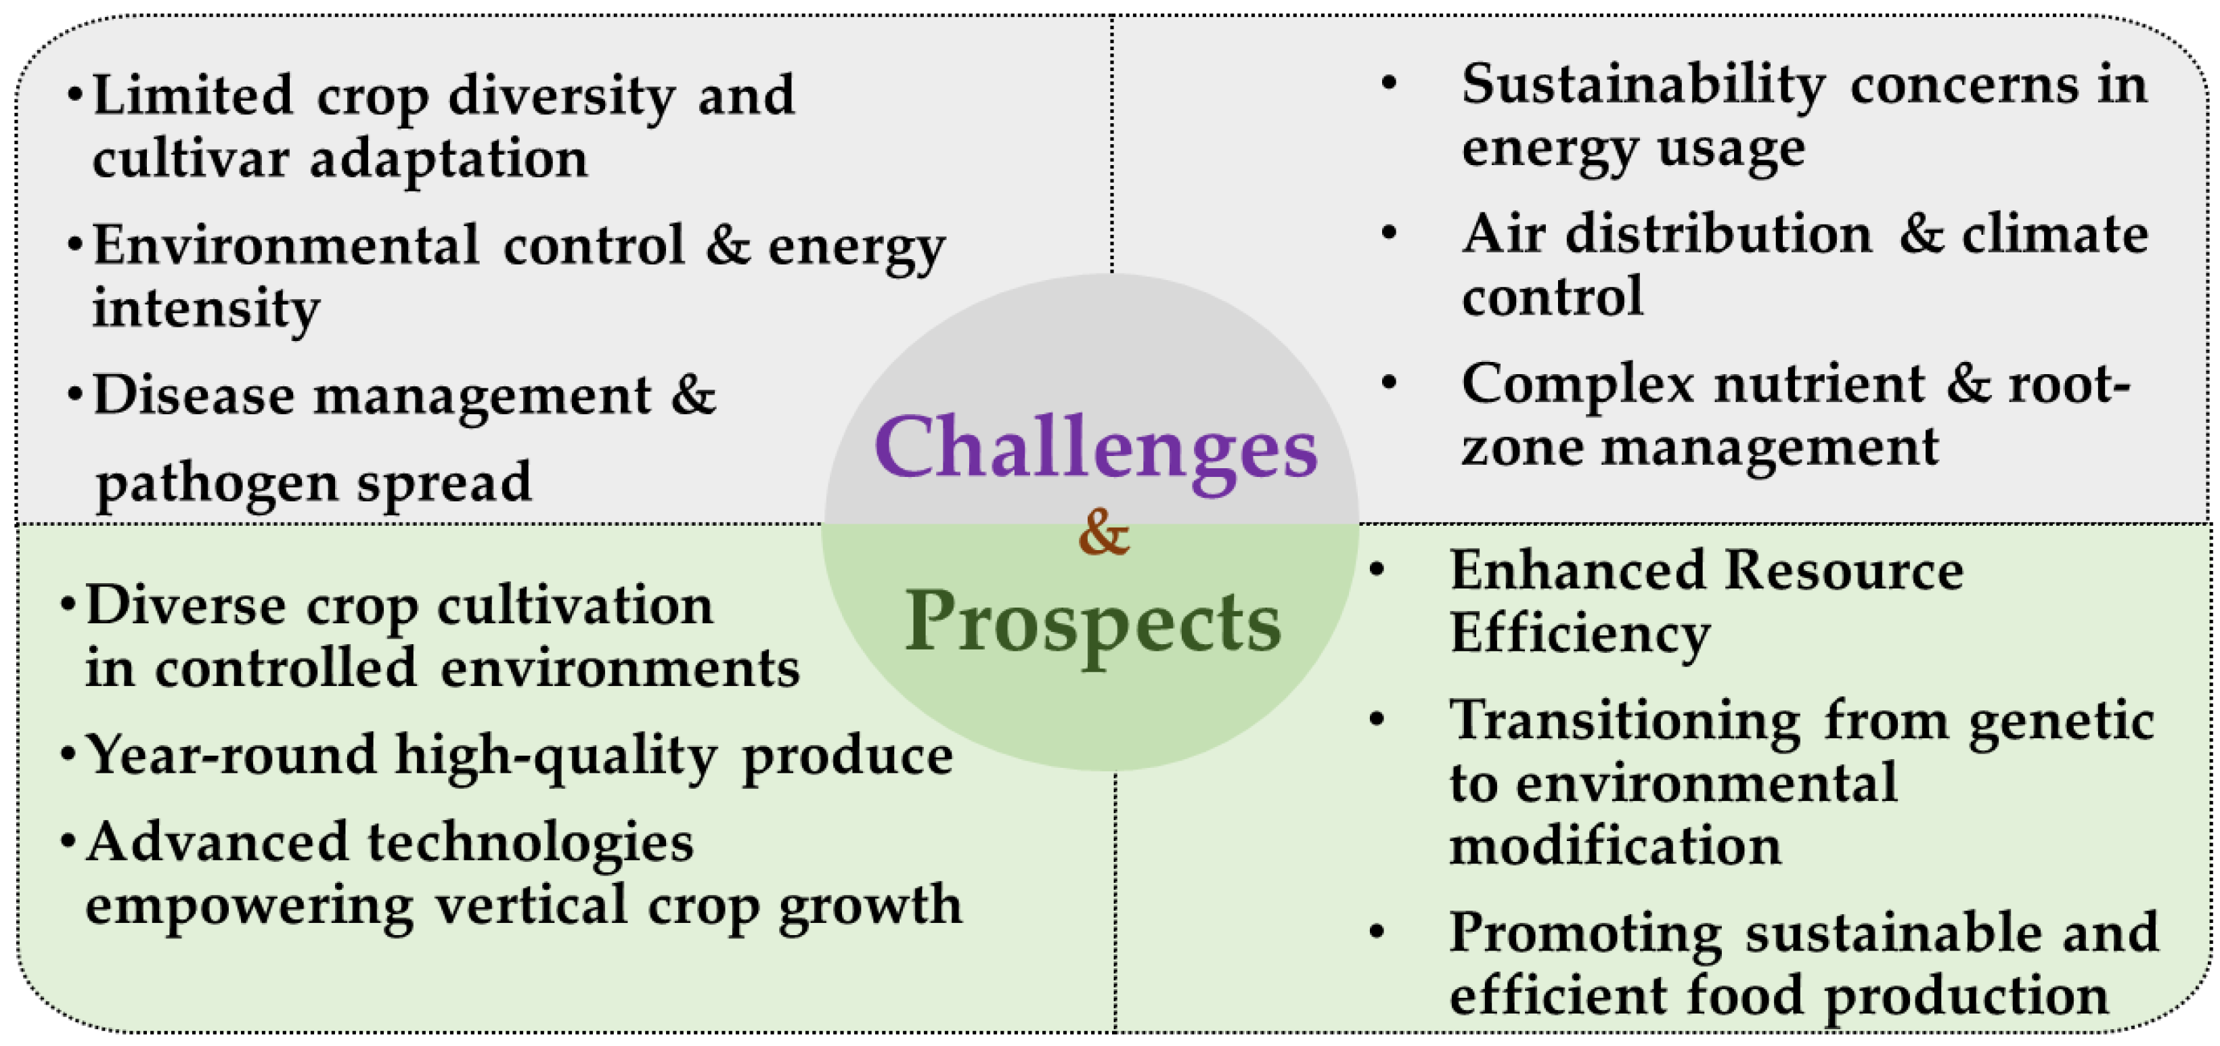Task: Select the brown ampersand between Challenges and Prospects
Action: pos(1103,532)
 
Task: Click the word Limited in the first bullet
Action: pos(192,94)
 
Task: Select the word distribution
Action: pos(1718,233)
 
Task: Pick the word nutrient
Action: pos(1819,384)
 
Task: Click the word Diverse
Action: pos(186,605)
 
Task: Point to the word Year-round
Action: pos(231,755)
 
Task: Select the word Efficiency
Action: pos(1580,636)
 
